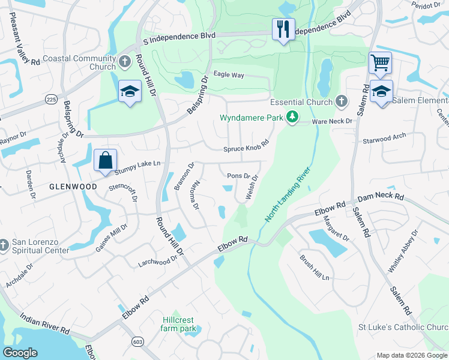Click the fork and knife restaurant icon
pos(283,29)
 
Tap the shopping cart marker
pos(380,62)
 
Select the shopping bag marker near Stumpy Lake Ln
pos(105,160)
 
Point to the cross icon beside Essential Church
pos(342,102)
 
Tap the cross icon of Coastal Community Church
pos(124,62)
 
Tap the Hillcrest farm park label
pos(179,325)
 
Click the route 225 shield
pos(52,99)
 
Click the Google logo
pos(20,353)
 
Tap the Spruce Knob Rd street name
pos(245,149)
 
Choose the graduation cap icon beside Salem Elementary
pos(381,92)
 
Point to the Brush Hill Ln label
pos(315,268)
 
